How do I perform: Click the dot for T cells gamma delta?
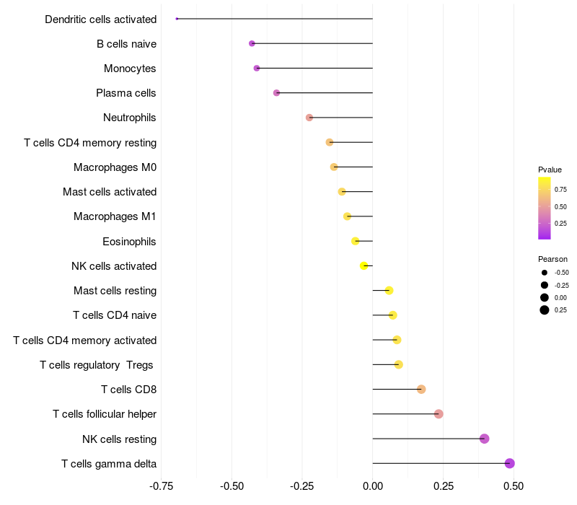coord(510,463)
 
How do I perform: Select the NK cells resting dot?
coord(485,439)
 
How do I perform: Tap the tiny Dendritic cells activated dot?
coord(177,19)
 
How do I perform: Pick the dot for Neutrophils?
coord(309,118)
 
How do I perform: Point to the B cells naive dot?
coord(252,43)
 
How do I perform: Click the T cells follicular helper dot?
coord(439,414)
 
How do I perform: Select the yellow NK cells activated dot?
coord(364,265)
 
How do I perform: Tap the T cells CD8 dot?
coord(421,390)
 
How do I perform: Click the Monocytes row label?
coord(130,69)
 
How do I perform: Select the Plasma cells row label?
coord(126,93)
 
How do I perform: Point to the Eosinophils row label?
coord(130,241)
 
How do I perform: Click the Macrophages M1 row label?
coord(115,216)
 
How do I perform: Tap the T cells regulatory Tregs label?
coord(97,364)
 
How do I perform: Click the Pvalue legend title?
coord(550,170)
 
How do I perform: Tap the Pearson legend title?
coord(552,259)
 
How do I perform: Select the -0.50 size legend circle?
coord(544,273)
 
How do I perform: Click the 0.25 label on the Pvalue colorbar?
coord(560,223)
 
